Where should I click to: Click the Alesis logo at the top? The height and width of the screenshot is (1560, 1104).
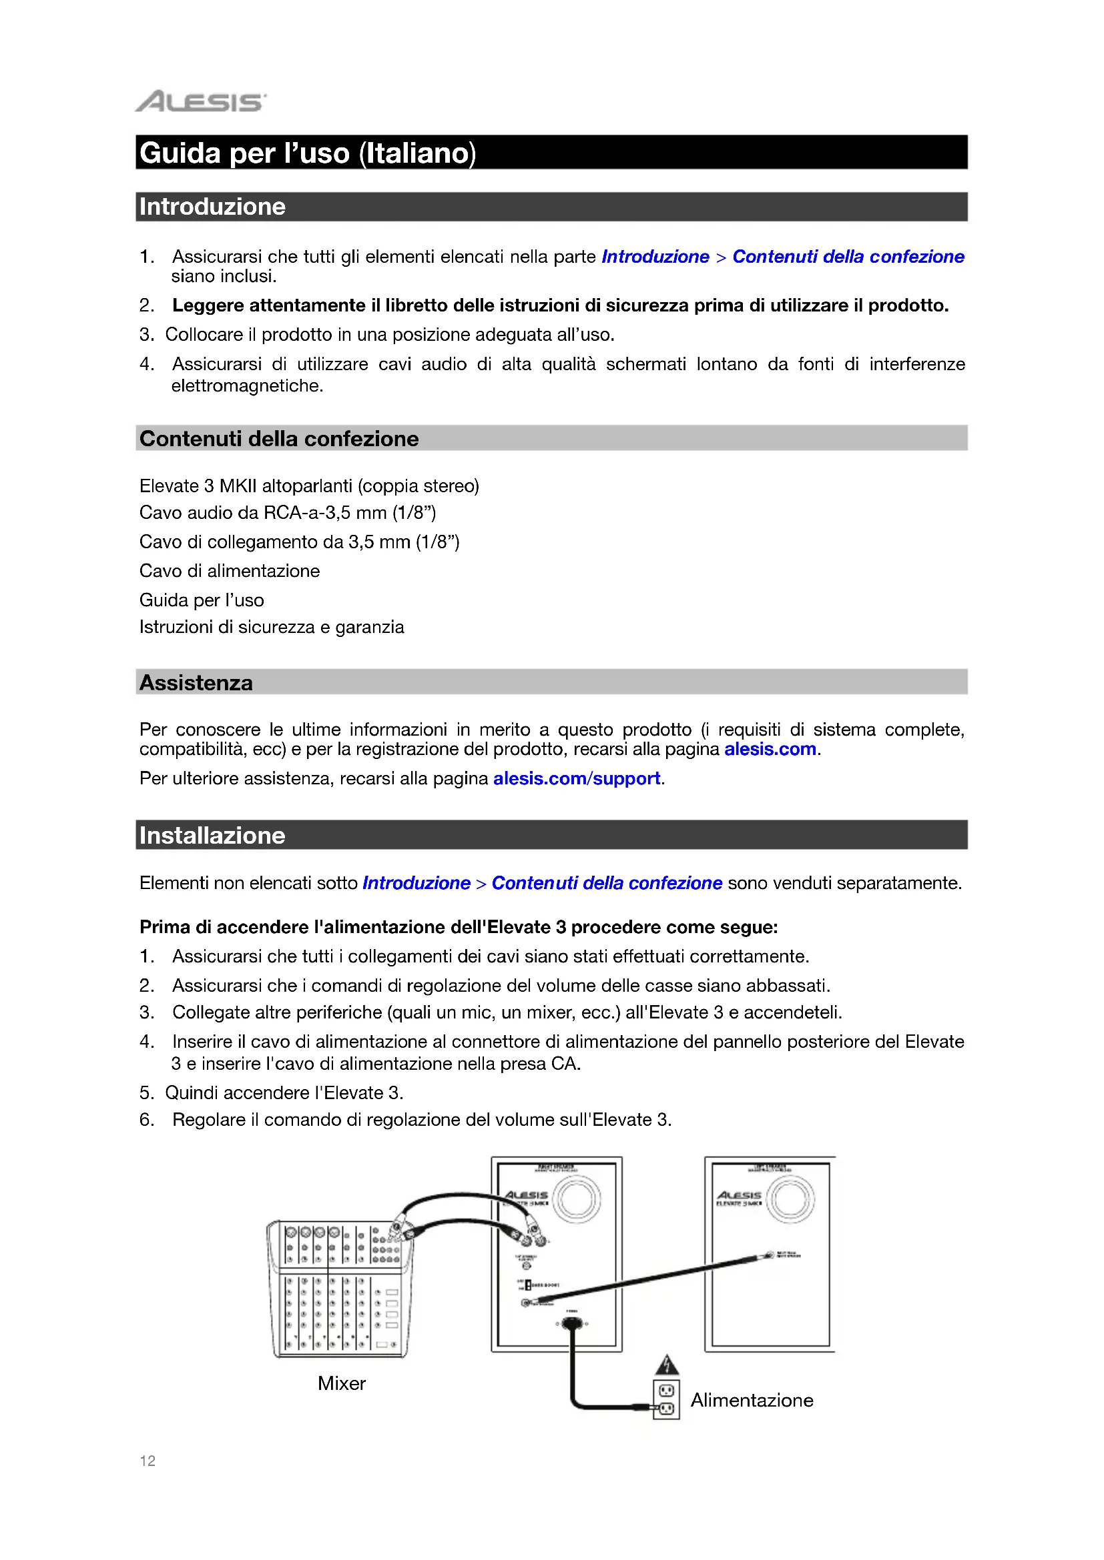201,102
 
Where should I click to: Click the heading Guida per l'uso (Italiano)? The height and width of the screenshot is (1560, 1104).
307,153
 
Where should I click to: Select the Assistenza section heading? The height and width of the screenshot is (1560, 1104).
196,682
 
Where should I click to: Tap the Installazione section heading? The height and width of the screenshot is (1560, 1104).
212,835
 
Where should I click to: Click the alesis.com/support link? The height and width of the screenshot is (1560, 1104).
577,778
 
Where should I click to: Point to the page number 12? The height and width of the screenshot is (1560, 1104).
148,1461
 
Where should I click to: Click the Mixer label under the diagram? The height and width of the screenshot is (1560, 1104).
341,1383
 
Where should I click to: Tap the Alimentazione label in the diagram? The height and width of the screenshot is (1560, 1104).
752,1400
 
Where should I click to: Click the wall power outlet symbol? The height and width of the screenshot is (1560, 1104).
666,1400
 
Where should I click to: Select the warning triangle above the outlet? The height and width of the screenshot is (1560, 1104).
667,1365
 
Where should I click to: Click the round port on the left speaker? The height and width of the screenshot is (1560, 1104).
577,1199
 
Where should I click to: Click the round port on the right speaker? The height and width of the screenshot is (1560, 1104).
790,1199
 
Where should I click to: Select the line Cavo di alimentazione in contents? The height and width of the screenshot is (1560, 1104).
230,571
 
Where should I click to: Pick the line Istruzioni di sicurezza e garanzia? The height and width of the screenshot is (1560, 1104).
271,626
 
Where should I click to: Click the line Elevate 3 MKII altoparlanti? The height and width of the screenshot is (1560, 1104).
308,486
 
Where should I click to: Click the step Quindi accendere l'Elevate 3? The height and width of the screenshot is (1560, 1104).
284,1092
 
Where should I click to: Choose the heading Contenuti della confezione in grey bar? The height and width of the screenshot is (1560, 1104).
279,438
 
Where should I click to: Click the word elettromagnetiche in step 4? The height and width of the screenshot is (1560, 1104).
247,386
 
